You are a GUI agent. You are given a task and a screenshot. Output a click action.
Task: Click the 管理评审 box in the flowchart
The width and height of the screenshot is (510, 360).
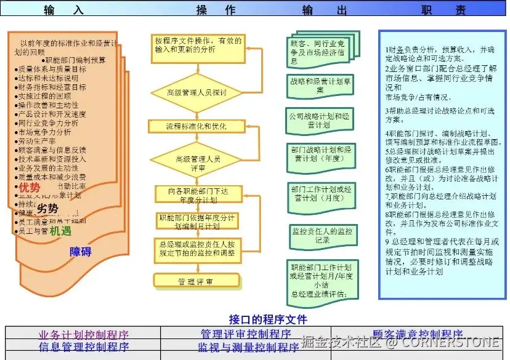pos(196,281)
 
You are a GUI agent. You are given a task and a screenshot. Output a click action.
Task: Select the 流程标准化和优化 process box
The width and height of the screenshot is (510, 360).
pos(196,126)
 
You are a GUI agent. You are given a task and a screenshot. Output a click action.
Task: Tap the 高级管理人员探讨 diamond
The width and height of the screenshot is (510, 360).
pos(196,93)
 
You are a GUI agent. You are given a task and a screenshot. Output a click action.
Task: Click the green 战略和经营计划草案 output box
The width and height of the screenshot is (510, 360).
pos(320,84)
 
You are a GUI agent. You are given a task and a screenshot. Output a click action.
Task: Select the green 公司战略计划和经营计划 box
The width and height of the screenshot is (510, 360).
pos(320,119)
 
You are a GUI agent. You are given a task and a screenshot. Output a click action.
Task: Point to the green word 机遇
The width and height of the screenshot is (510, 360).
pos(60,231)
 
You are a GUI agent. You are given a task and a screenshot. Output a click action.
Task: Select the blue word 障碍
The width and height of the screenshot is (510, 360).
pos(81,251)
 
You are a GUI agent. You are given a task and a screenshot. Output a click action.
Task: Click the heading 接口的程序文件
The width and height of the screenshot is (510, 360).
pos(267,319)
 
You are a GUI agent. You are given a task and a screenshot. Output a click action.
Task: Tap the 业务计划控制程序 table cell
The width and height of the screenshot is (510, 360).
pos(84,334)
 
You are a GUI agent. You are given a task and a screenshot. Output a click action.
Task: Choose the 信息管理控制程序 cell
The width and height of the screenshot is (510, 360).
pos(84,346)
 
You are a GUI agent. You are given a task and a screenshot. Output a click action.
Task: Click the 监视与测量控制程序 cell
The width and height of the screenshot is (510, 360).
pos(244,346)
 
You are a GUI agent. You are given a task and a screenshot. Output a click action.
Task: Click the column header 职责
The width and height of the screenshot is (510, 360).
pos(443,10)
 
